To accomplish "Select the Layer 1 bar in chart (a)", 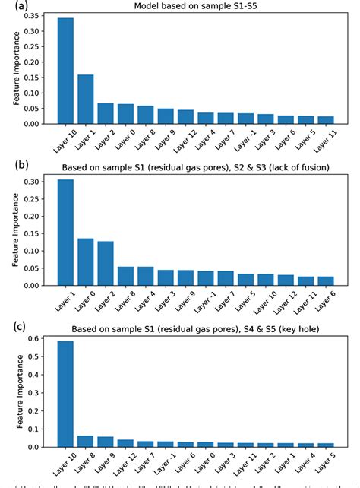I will tap(85, 99).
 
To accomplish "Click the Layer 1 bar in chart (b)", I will tap(65, 233).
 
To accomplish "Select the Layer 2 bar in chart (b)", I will tap(106, 263).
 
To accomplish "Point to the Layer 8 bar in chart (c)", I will tap(85, 442).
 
